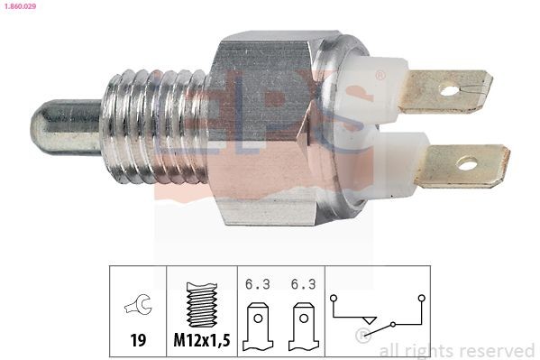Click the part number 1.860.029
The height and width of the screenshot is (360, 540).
coord(20,6)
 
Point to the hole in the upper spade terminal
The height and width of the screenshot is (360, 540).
coord(448,89)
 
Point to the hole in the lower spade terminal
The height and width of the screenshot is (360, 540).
coord(466,164)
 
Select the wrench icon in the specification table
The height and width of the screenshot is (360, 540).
coord(138,308)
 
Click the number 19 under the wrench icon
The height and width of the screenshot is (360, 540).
coord(138,342)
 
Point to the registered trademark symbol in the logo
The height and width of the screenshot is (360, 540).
coord(380,76)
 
